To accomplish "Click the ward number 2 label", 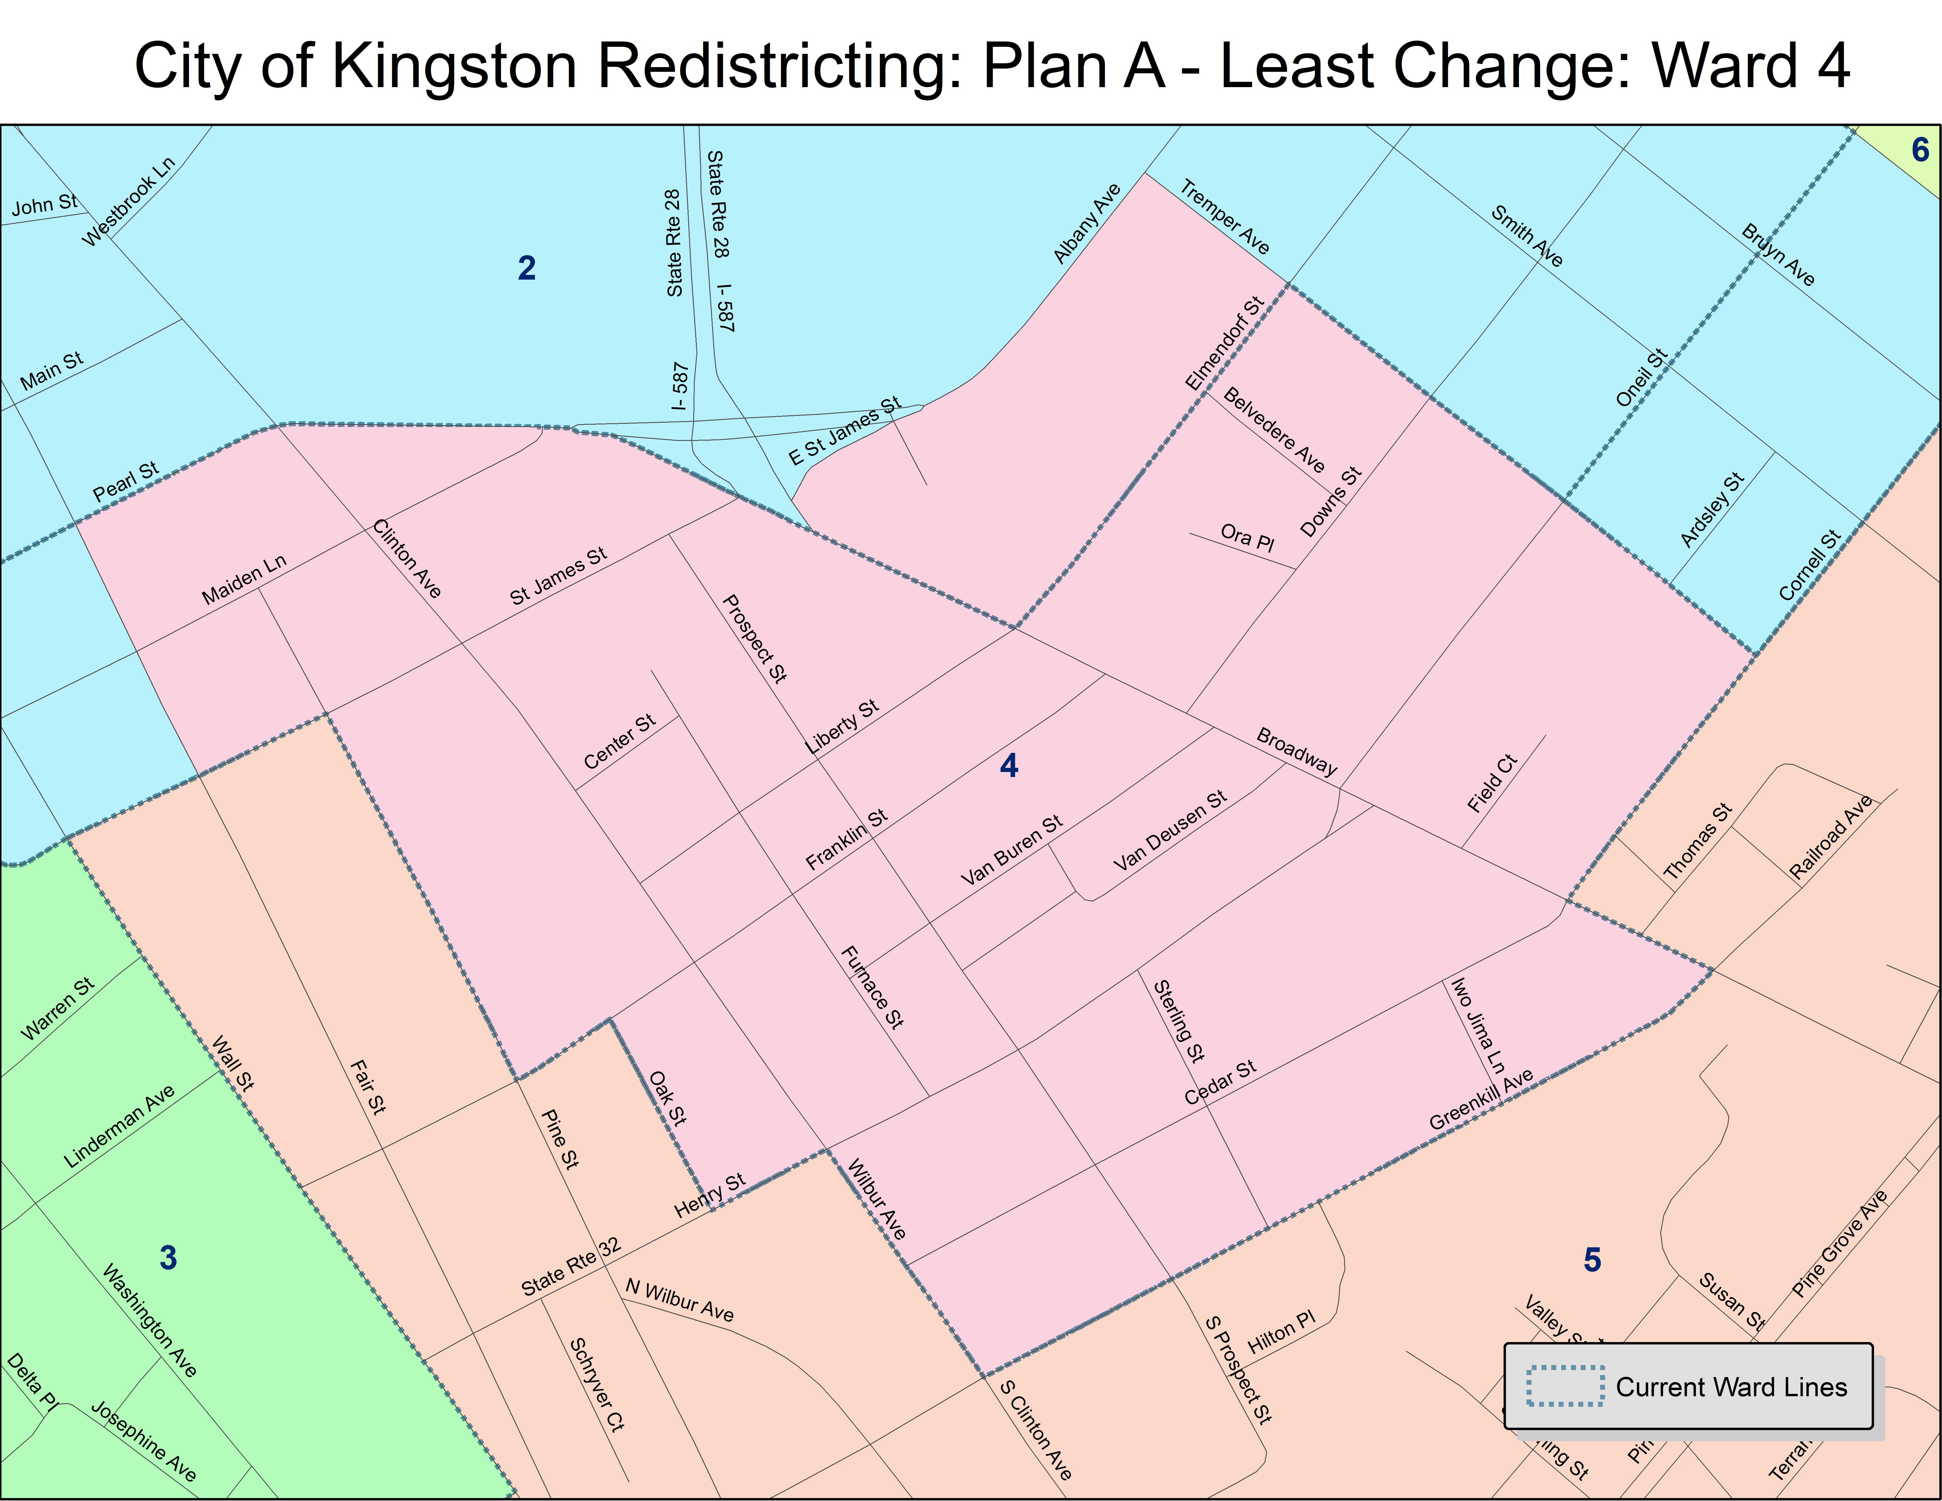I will tap(526, 268).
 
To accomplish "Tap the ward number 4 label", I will tap(1008, 766).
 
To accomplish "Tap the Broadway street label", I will tap(1296, 751).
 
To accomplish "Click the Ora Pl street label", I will tap(1247, 537).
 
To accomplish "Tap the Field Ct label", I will tap(1492, 783).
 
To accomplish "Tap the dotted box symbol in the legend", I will tap(1565, 1386).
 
